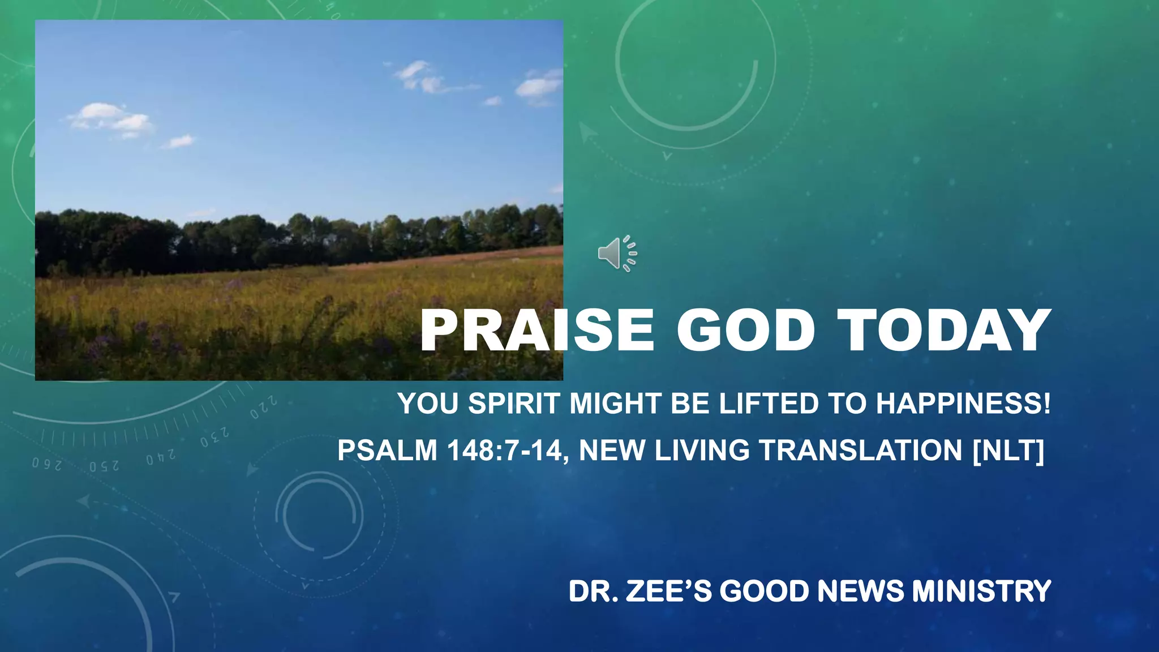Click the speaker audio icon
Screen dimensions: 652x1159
(x=617, y=254)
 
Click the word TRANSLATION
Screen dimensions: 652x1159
(x=861, y=451)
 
